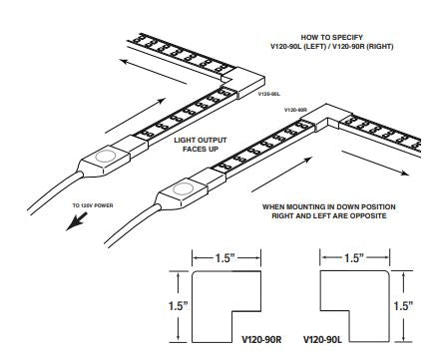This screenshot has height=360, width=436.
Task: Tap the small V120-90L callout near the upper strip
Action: coord(267,94)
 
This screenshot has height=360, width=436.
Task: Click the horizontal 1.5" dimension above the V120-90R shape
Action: coord(226,258)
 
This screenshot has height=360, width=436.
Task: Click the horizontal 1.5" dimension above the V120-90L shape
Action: coord(354,258)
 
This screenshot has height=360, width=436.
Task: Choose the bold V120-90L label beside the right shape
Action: coord(321,339)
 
